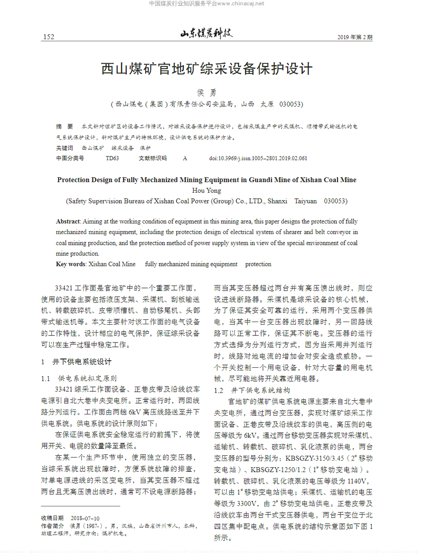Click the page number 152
48,37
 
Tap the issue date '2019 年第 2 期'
354,37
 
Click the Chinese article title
207,69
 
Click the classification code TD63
112,158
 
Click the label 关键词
64,147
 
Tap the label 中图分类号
70,158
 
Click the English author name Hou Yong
207,191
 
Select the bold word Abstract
68,221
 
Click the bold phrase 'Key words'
71,264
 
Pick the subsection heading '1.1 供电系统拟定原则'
79,378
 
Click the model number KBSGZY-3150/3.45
319,458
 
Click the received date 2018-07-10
85,518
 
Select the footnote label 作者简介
52,525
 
